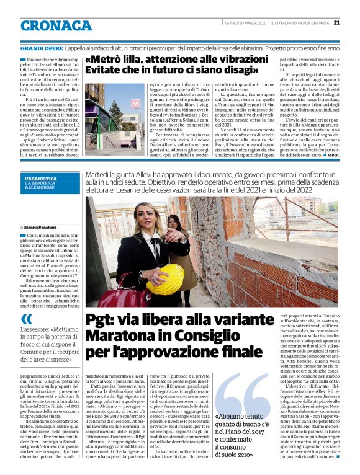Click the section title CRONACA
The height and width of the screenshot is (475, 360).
click(x=56, y=25)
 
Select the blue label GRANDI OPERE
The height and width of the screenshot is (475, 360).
click(x=40, y=47)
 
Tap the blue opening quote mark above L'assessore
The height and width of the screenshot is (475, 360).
click(x=27, y=319)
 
